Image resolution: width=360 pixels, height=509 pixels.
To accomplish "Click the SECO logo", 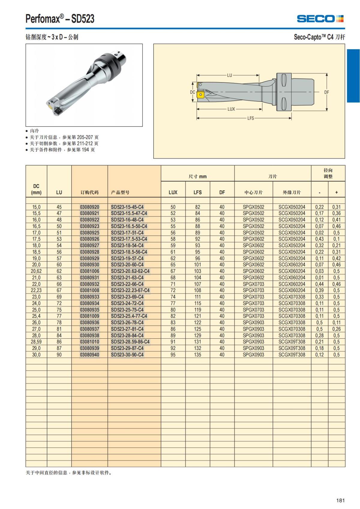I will point(320,19).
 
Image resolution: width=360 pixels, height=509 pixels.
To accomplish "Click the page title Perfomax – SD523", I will point(60,19).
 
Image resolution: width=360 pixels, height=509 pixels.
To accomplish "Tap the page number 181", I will point(340,500).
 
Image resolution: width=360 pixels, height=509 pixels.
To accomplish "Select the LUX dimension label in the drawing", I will point(231,109).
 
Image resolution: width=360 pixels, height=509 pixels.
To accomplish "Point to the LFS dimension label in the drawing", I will point(250,118).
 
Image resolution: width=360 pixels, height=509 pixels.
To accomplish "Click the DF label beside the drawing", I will point(327,92).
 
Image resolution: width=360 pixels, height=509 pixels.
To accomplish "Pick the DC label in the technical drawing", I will point(192,92).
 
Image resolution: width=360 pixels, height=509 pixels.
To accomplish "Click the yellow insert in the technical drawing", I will point(200,95).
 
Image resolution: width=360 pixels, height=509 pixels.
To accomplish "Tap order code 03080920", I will point(89,207).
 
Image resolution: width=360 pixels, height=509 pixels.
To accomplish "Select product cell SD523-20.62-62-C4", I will point(130,271).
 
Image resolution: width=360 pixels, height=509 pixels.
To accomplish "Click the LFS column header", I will point(197,192).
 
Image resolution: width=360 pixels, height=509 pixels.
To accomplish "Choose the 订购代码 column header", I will point(89,192).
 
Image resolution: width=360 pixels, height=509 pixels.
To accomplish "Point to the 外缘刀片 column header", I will point(292,192).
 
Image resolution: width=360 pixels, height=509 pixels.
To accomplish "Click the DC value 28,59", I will point(36,342).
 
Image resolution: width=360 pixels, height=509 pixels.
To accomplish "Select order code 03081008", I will point(89,290).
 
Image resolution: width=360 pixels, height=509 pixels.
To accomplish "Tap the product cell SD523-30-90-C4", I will point(127,355).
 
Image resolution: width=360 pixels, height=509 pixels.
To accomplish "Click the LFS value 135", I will point(197,355).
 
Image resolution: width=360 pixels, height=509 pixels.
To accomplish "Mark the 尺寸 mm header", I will point(197,176).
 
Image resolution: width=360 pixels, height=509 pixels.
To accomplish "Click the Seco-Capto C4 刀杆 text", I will point(319,37).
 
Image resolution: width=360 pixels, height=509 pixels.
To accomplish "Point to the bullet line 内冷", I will point(34,131).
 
